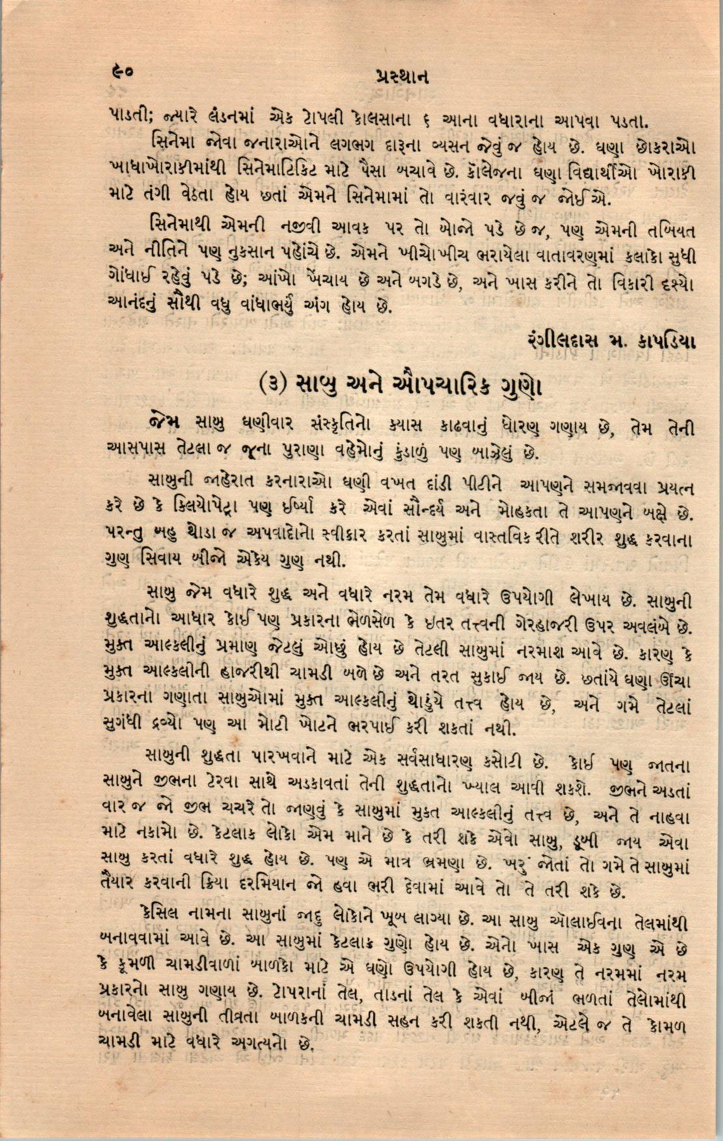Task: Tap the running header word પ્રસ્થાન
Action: (x=401, y=77)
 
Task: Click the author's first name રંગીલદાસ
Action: (x=567, y=340)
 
